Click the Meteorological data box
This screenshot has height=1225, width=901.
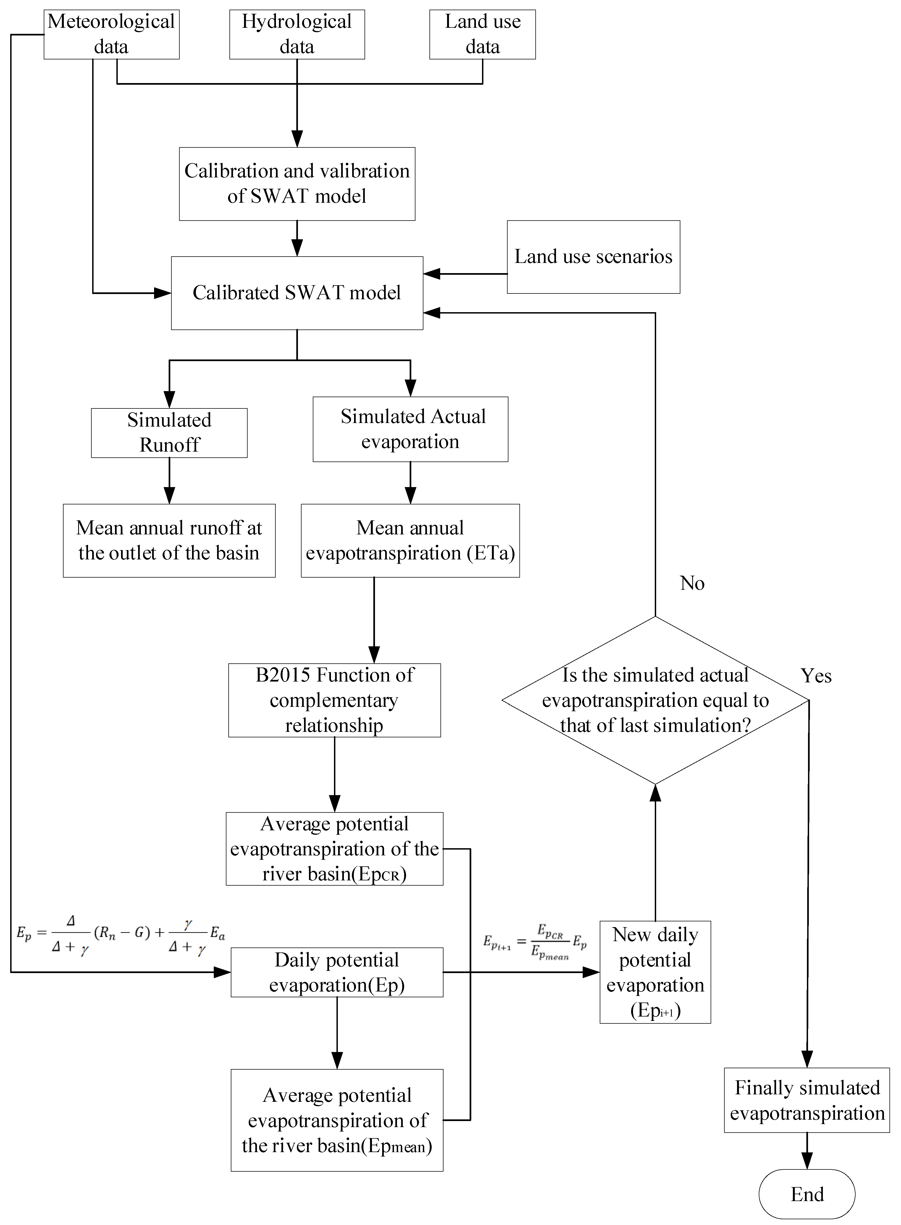[x=111, y=34]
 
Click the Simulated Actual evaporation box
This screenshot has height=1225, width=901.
[x=410, y=429]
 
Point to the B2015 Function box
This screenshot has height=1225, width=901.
[x=334, y=700]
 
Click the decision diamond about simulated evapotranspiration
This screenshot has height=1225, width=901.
[x=655, y=700]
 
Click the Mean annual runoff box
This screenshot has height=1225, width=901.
[x=169, y=540]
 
